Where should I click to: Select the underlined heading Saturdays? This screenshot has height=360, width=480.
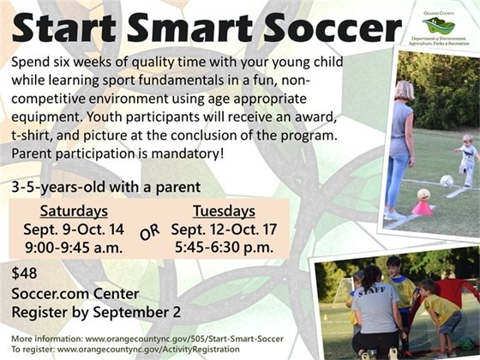coord(74,211)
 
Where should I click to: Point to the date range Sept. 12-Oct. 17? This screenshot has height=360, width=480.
coord(222,230)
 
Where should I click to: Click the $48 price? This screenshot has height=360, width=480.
coord(25,273)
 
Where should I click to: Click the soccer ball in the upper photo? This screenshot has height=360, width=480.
coord(447,181)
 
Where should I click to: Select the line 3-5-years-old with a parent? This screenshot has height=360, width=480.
coord(105,186)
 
